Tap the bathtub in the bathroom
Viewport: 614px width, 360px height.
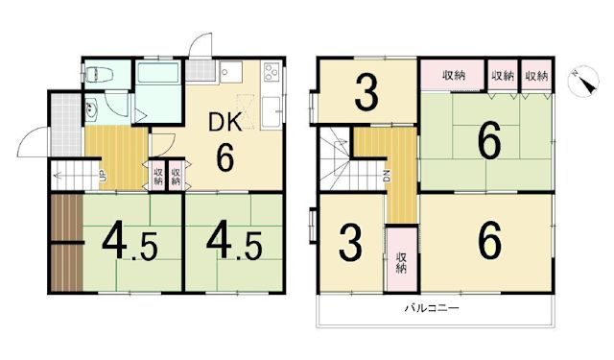(159, 77)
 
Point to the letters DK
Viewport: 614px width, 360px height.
(225, 123)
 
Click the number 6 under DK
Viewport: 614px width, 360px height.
(225, 156)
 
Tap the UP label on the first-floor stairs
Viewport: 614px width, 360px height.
(100, 175)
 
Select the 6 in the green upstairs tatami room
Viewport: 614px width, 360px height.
(489, 145)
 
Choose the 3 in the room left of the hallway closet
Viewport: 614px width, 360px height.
(351, 243)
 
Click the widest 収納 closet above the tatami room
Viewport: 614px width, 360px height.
(454, 76)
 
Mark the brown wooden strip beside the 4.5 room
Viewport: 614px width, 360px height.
(66, 242)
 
